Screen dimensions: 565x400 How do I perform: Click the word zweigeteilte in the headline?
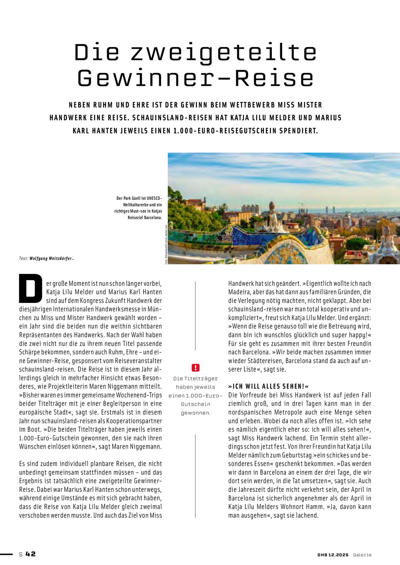point(224,52)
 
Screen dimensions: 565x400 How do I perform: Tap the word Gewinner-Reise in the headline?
point(195,78)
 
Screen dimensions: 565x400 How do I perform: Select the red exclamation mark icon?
point(195,368)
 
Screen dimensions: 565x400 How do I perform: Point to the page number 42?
point(30,554)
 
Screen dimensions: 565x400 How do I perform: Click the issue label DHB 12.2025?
point(333,555)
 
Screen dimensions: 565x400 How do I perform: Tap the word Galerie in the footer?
point(362,555)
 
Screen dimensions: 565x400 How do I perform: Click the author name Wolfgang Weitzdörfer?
point(51,259)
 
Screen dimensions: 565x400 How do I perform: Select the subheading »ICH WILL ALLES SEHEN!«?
point(268,387)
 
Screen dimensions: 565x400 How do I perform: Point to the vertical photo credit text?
point(166,245)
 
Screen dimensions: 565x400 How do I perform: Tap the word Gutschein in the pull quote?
point(195,404)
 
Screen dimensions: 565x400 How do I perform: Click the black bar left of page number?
point(6,554)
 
